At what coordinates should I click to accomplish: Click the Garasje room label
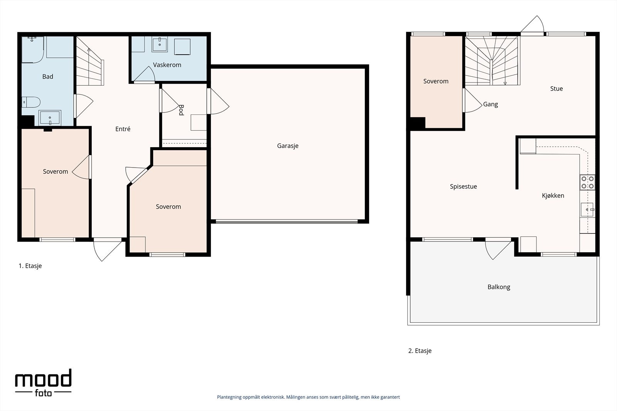coord(288,146)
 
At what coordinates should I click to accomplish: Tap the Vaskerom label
coord(167,65)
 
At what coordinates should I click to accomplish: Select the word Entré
coord(123,129)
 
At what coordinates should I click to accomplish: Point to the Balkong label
coord(499,287)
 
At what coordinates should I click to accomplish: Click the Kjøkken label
coord(553,196)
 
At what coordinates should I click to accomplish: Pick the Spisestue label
coord(463,186)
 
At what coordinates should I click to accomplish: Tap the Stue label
coord(556,89)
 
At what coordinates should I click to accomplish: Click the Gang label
coord(491,104)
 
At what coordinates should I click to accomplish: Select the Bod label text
coord(181,110)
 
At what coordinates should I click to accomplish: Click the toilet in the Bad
coord(31,102)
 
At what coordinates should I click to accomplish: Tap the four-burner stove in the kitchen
coord(587,183)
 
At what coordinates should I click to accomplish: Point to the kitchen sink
coord(587,210)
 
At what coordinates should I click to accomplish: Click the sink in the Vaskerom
coord(160,45)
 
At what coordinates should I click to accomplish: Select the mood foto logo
coord(43,383)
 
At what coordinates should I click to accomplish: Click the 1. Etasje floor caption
coord(30,266)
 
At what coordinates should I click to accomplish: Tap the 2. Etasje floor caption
coord(420,351)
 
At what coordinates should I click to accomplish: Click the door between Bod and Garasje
coord(218,101)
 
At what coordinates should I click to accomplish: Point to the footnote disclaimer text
coord(308,397)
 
